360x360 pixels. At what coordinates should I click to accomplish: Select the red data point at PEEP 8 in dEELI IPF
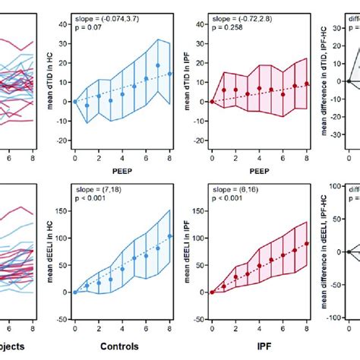(x=308, y=244)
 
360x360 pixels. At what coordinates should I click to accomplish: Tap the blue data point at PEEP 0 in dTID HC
(x=74, y=101)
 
